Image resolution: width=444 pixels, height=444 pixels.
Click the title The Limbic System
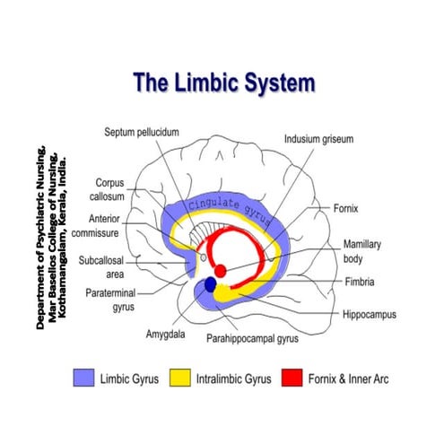click(x=223, y=83)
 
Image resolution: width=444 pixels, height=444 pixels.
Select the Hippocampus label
click(x=369, y=315)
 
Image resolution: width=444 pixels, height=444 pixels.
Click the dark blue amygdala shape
click(x=211, y=284)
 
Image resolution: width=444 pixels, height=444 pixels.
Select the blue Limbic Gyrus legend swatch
click(x=84, y=379)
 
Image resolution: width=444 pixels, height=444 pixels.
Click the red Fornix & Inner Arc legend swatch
click(x=292, y=379)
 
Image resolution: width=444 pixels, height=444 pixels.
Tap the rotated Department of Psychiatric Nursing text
click(x=55, y=235)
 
